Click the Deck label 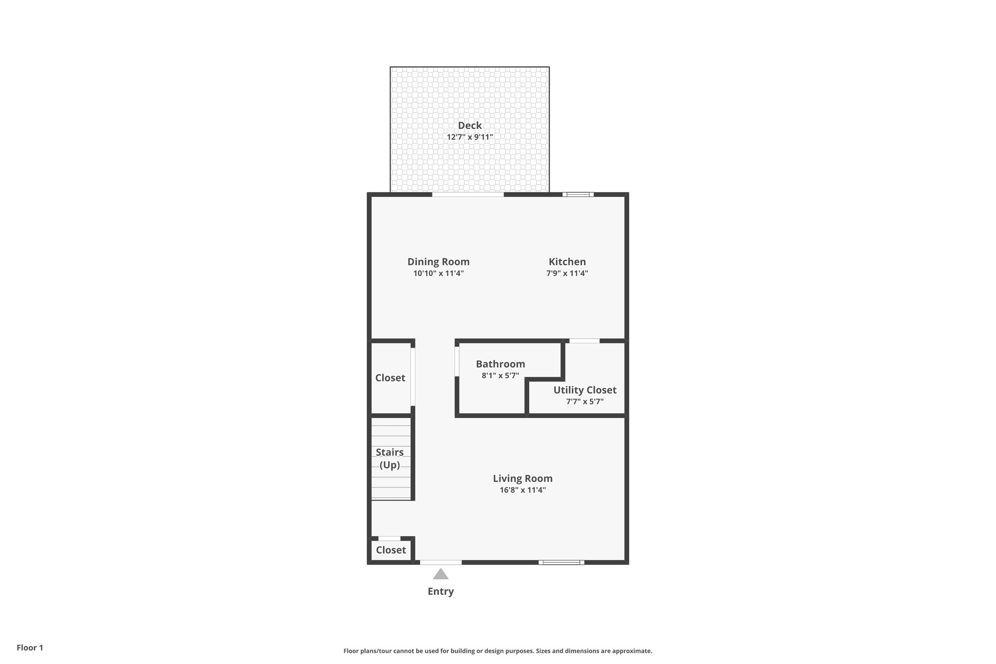pyautogui.click(x=469, y=126)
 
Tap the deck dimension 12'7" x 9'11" pyautogui.click(x=469, y=137)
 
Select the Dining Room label pyautogui.click(x=438, y=262)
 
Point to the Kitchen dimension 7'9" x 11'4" pyautogui.click(x=567, y=273)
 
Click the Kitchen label pyautogui.click(x=567, y=262)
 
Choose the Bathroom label pyautogui.click(x=500, y=364)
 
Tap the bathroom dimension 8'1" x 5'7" pyautogui.click(x=500, y=376)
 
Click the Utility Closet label pyautogui.click(x=585, y=390)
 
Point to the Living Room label pyautogui.click(x=522, y=478)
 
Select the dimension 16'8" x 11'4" pyautogui.click(x=522, y=490)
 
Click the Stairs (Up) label pyautogui.click(x=390, y=459)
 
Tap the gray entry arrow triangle pyautogui.click(x=441, y=575)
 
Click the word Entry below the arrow pyautogui.click(x=441, y=592)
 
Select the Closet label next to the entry pyautogui.click(x=391, y=550)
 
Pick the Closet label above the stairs pyautogui.click(x=390, y=378)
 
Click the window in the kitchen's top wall pyautogui.click(x=578, y=195)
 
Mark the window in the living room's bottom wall pyautogui.click(x=561, y=562)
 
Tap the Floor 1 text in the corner pyautogui.click(x=30, y=648)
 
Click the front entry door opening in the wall pyautogui.click(x=441, y=562)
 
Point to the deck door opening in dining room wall pyautogui.click(x=468, y=195)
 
